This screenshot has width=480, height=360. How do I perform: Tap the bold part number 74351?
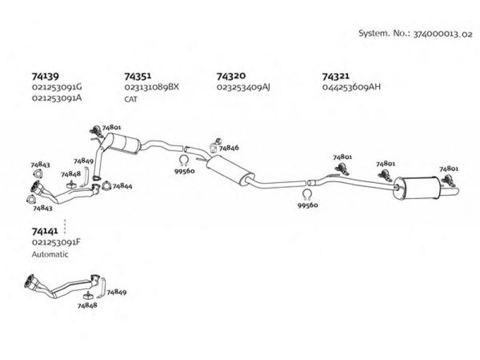coord(137,77)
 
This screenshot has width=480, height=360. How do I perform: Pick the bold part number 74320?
coord(230,77)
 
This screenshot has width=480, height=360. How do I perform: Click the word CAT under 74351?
coord(131,99)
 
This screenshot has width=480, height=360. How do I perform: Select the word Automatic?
coord(50,254)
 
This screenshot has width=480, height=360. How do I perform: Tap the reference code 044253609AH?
coord(351,87)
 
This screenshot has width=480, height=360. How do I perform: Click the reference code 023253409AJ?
coord(244,87)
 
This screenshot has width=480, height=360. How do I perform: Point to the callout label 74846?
coord(229,148)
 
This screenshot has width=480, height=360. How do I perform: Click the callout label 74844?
coord(122,187)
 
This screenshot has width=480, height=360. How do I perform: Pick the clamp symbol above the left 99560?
coord(184,160)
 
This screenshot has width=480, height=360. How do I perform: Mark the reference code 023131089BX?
coord(152,87)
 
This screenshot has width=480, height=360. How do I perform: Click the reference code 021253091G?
coord(58,87)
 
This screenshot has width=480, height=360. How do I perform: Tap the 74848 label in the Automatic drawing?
coord(87,305)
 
